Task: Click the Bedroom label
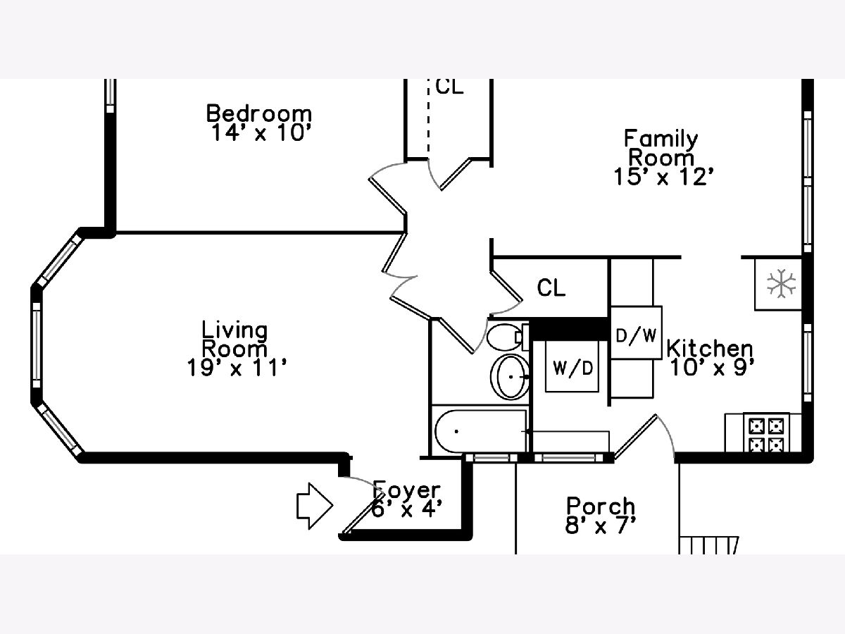(258, 113)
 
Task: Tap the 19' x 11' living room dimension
(237, 368)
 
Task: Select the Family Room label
(661, 148)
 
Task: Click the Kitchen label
(710, 349)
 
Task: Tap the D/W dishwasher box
(637, 333)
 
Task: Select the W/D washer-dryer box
(572, 366)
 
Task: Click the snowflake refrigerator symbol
(781, 284)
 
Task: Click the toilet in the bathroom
(507, 337)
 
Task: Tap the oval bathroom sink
(510, 377)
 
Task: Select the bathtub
(480, 431)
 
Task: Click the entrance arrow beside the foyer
(315, 506)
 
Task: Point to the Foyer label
(406, 490)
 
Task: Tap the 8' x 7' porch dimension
(600, 525)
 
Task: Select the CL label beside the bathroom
(551, 287)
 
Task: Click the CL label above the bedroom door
(449, 87)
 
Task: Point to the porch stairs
(708, 545)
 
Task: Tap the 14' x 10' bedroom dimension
(261, 133)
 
